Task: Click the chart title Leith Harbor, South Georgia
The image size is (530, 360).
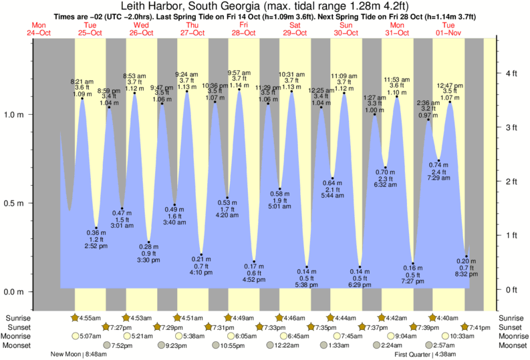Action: tap(265, 7)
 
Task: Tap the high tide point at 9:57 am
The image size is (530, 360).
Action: tap(239, 89)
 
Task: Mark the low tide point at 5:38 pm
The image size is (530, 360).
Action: tap(307, 267)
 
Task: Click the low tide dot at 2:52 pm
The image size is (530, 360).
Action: tap(96, 228)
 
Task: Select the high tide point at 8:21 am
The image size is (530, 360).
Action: tap(82, 99)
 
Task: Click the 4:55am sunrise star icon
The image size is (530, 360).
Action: tap(75, 317)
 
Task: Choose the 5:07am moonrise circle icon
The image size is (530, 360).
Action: tap(75, 336)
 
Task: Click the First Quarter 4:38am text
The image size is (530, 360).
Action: tap(424, 355)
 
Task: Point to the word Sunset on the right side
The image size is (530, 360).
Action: tap(511, 327)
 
